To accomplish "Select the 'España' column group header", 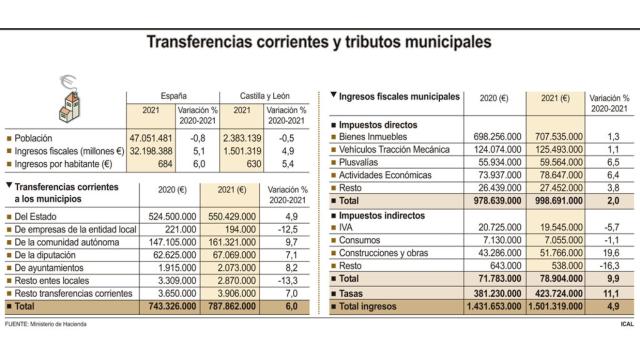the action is coord(162,92).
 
